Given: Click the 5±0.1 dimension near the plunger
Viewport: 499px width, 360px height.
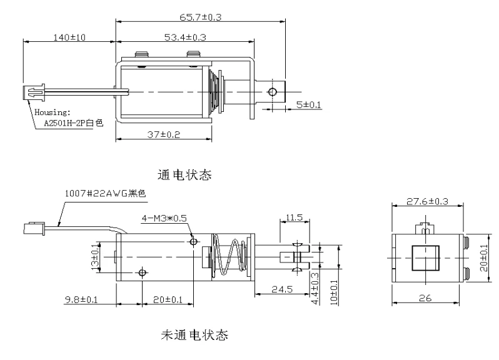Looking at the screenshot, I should pyautogui.click(x=308, y=105).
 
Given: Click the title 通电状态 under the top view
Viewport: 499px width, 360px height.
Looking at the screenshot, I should pyautogui.click(x=186, y=176).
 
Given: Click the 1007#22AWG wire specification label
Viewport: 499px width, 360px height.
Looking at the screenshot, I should pyautogui.click(x=105, y=194).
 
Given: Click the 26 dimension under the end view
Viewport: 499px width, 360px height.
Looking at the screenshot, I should pyautogui.click(x=426, y=301).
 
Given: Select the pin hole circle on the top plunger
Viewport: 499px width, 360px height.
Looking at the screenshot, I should pyautogui.click(x=272, y=92).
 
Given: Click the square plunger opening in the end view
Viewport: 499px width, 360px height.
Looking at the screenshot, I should pyautogui.click(x=425, y=257).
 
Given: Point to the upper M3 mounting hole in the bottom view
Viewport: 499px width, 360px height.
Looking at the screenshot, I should pyautogui.click(x=193, y=241).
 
